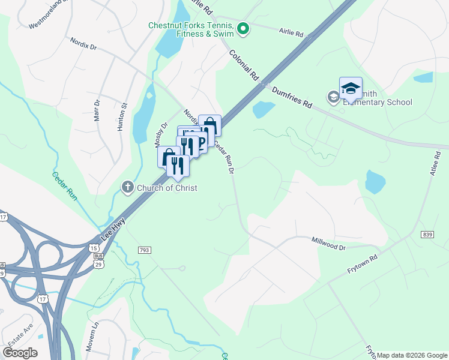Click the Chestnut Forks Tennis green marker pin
(243, 28)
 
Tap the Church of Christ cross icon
(127, 188)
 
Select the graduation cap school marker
(351, 89)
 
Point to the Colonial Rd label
(244, 64)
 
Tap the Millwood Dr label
(329, 243)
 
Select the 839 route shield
(427, 234)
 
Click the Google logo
(20, 353)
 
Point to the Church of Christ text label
(167, 188)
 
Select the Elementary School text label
(377, 102)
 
